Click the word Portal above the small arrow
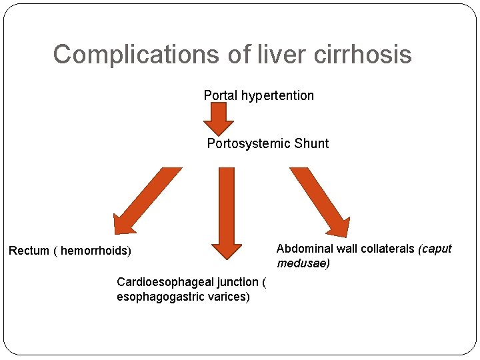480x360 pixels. pyautogui.click(x=221, y=95)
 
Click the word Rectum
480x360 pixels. pyautogui.click(x=29, y=251)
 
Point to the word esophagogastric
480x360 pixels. pyautogui.click(x=157, y=297)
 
